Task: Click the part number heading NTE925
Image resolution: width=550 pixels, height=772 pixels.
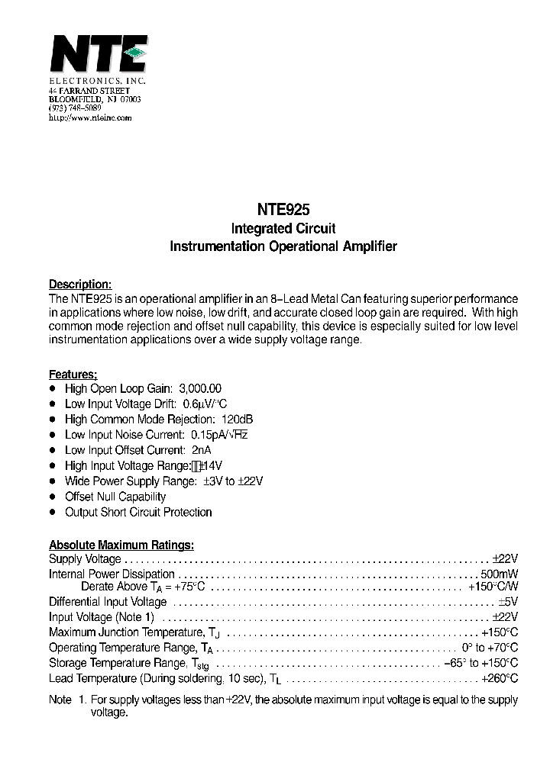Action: pos(283,208)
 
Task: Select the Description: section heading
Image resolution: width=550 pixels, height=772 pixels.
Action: pos(80,284)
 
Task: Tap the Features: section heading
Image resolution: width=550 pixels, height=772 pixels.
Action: pos(73,374)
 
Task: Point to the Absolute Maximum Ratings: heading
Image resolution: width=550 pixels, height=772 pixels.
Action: pos(121,545)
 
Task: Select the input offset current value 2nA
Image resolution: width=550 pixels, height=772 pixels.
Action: pos(202,450)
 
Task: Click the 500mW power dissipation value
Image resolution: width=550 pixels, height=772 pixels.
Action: pos(500,574)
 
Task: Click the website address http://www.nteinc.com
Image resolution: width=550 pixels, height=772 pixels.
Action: pos(90,118)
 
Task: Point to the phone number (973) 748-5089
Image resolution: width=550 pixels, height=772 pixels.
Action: pos(75,109)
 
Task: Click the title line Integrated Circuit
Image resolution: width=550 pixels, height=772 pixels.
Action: pos(283,228)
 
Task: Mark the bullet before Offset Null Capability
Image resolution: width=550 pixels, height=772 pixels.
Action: pos(53,497)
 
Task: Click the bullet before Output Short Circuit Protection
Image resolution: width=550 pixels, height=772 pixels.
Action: pos(53,512)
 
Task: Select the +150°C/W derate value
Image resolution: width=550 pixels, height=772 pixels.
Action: pos(493,587)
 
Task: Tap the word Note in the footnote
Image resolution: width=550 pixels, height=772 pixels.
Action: pos(60,700)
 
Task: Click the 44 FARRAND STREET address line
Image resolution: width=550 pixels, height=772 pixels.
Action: pos(83,91)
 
